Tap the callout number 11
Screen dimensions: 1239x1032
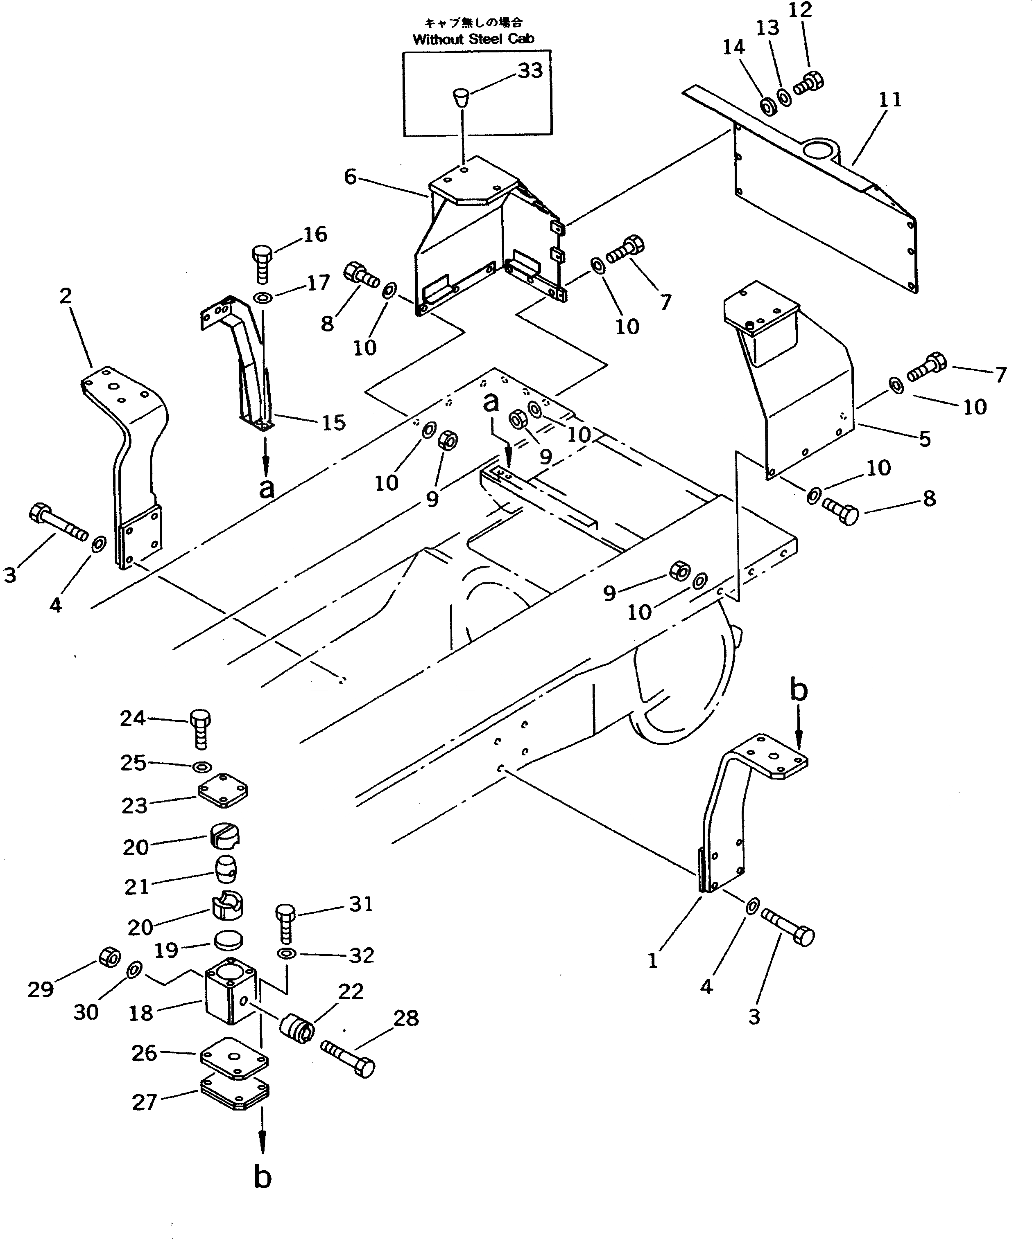tap(890, 100)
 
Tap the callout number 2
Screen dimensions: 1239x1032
tap(66, 296)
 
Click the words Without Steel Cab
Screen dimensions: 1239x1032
tap(473, 40)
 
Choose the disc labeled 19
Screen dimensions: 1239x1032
tap(228, 940)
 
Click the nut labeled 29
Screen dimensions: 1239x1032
tap(109, 956)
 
